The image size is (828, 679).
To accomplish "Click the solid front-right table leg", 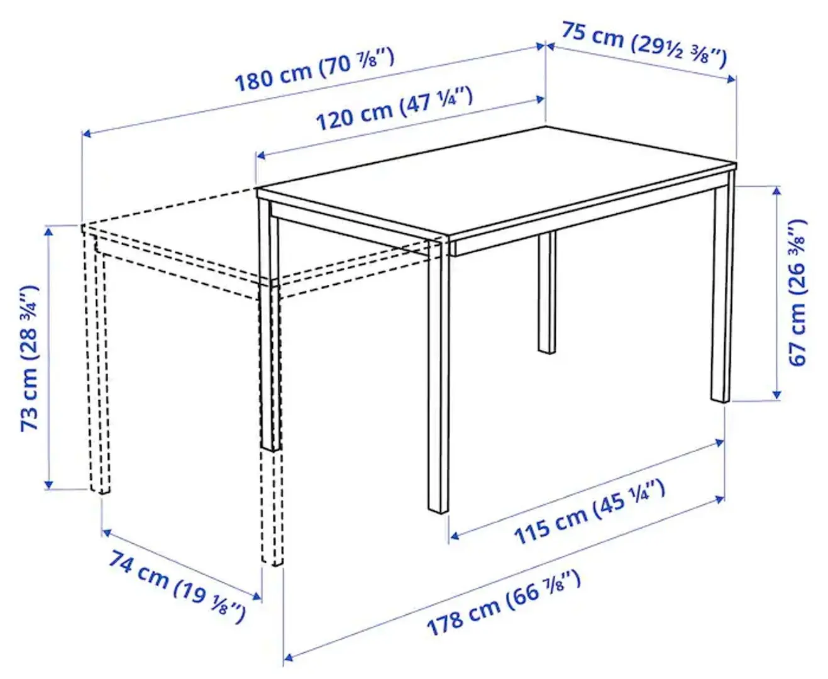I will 439,377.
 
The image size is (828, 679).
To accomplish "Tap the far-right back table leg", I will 722,289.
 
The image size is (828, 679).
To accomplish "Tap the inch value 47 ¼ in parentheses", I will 436,101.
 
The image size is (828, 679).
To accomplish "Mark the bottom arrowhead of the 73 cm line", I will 48,484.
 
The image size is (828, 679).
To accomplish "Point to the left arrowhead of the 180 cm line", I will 87,133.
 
